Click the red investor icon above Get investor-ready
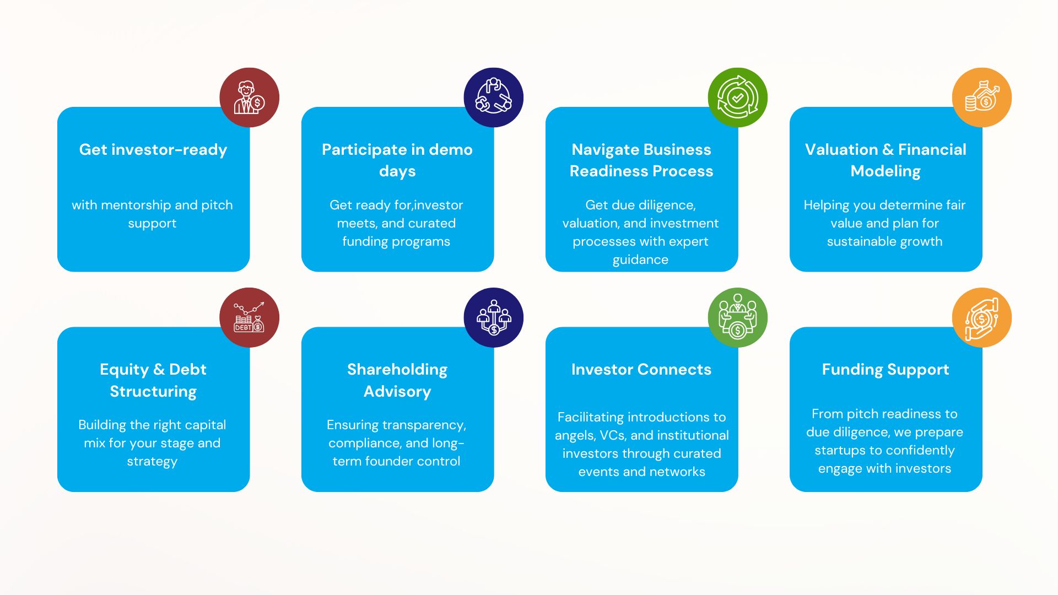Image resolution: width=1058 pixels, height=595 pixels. (249, 98)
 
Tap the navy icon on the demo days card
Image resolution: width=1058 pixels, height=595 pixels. (493, 98)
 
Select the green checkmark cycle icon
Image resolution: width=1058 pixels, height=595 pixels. (737, 98)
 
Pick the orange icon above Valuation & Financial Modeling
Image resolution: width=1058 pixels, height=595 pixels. (981, 98)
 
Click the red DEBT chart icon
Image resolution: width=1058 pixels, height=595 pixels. (249, 317)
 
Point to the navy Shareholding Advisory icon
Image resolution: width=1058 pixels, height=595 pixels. (493, 317)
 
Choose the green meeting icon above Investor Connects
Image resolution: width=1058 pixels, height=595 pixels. (737, 317)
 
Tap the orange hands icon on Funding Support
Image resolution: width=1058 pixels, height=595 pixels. (981, 317)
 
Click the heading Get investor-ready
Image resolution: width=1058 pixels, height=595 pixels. (153, 150)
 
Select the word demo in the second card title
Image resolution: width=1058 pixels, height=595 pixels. (451, 150)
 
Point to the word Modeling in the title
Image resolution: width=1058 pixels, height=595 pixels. (886, 171)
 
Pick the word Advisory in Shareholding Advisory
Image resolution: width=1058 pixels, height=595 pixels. (397, 392)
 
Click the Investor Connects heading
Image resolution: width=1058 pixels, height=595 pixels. (641, 370)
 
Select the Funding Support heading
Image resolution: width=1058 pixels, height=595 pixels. (886, 370)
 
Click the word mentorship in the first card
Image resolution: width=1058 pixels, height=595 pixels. (134, 205)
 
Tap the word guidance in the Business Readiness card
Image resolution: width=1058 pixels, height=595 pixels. (640, 260)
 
